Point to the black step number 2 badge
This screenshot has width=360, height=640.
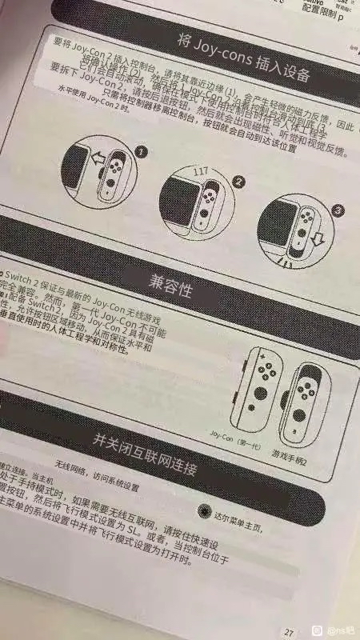tap(238, 182)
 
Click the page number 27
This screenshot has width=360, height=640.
tap(289, 630)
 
